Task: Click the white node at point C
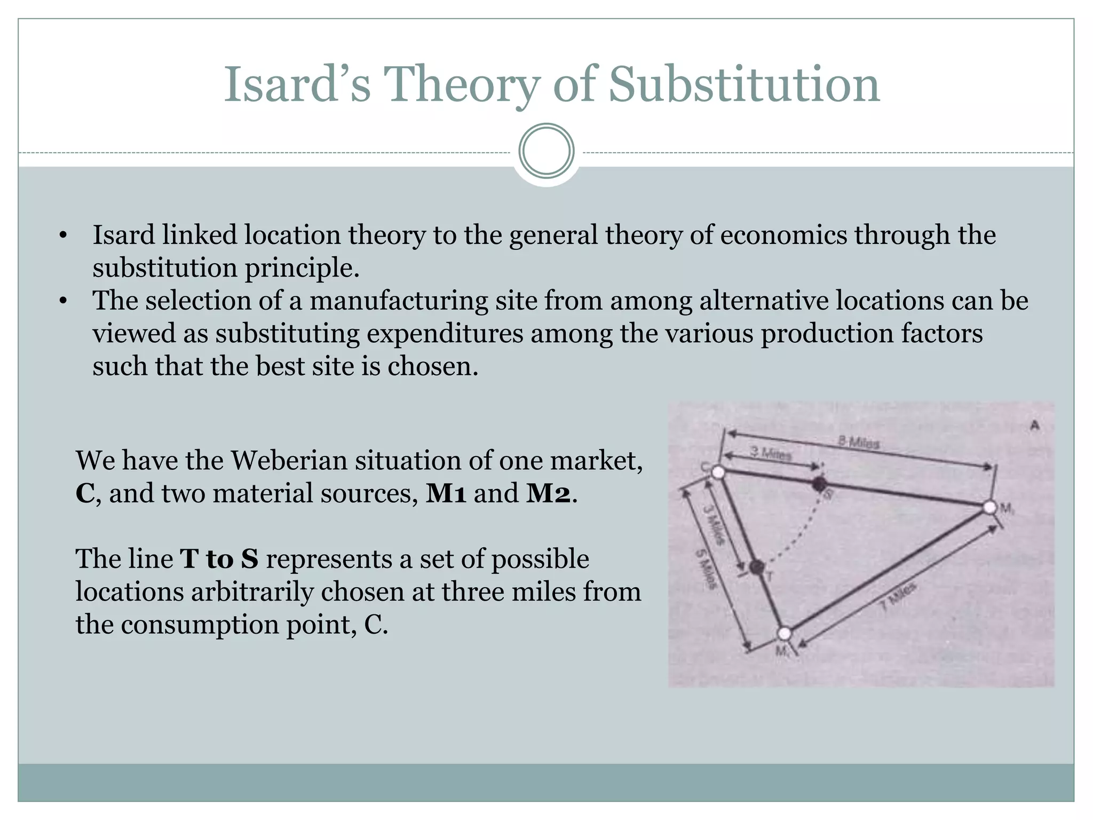(x=718, y=472)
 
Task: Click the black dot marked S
(x=819, y=485)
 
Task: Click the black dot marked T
(x=756, y=567)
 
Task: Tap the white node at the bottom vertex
(x=784, y=634)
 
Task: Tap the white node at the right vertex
(x=989, y=507)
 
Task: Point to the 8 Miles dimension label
(x=858, y=442)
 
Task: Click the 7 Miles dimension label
(x=898, y=596)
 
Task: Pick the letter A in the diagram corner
(x=1035, y=425)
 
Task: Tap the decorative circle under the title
(x=546, y=151)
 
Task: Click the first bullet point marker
(x=63, y=235)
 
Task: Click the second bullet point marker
(x=63, y=302)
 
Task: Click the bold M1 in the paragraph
(x=446, y=493)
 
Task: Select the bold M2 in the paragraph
(x=549, y=493)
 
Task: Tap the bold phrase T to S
(x=219, y=559)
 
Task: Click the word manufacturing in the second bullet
(x=399, y=301)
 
